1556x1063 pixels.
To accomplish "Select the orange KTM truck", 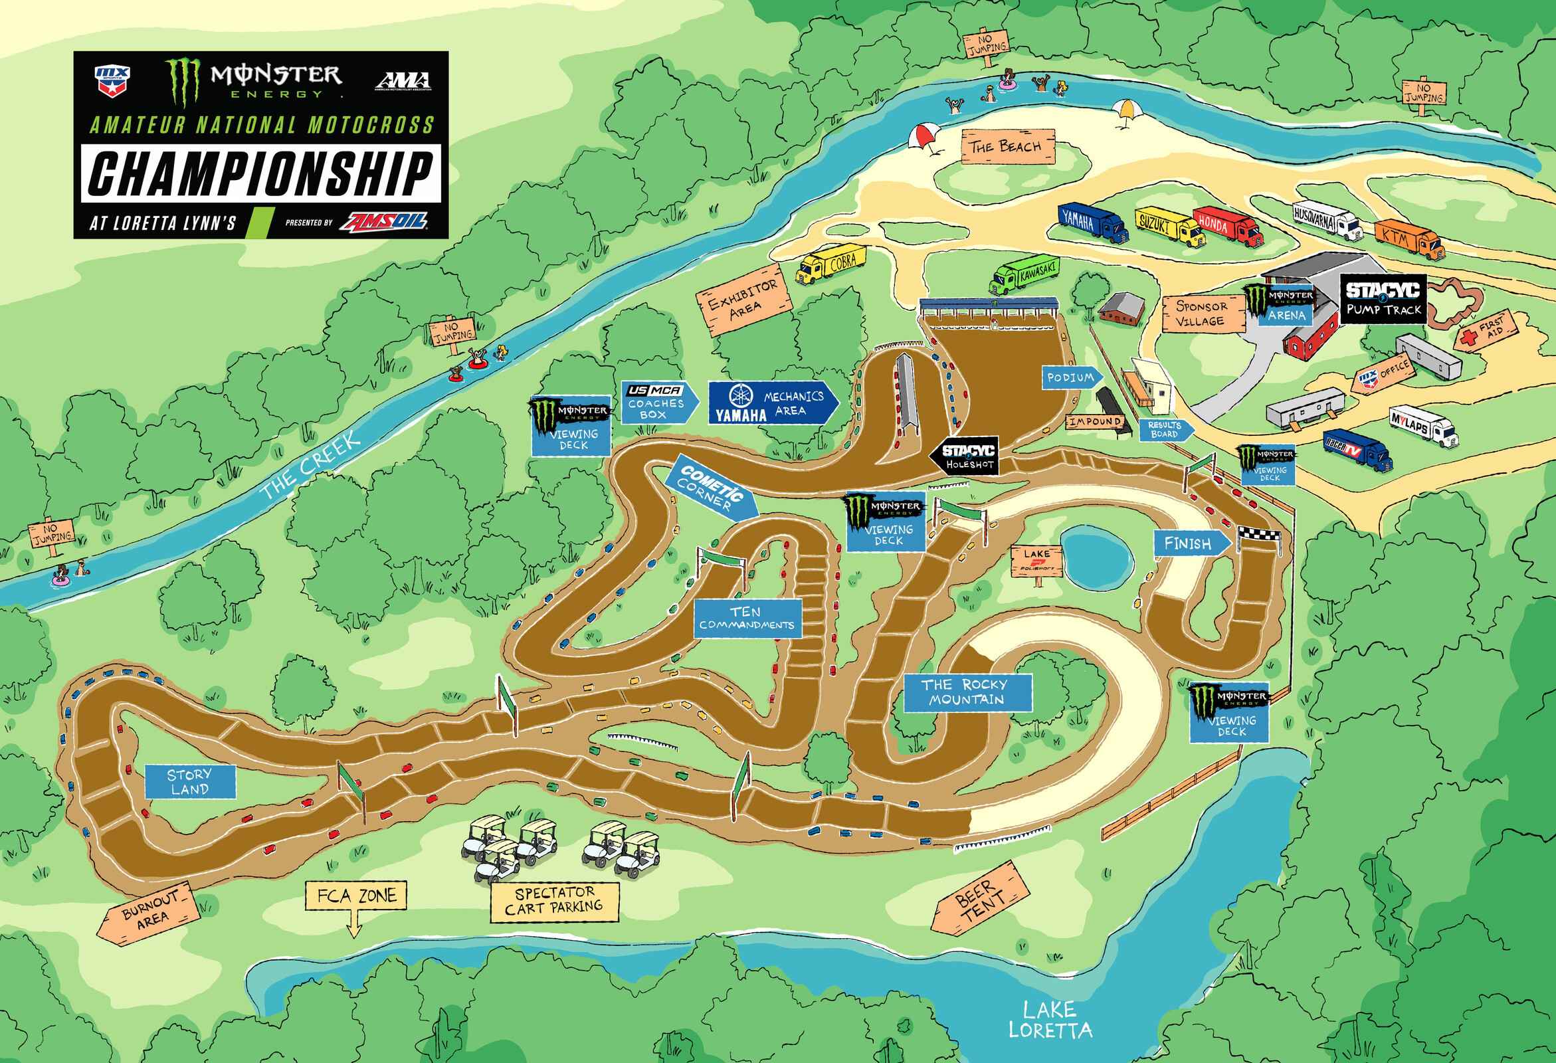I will pos(1409,239).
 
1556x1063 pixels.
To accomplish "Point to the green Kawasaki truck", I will pos(1024,275).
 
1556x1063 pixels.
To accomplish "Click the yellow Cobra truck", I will pos(831,264).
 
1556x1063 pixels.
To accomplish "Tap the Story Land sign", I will pos(190,781).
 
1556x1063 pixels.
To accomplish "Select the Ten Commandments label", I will pos(747,618).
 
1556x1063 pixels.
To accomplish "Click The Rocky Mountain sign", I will pos(967,692).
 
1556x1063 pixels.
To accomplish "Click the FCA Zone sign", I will pos(356,896).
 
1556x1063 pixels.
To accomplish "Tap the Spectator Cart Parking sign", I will pos(553,901).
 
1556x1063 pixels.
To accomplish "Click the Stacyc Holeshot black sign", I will pos(964,457).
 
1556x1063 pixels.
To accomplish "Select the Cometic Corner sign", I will pos(712,488).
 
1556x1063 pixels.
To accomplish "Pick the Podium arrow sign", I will pos(1072,377).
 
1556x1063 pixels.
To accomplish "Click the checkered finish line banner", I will pos(1259,533).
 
